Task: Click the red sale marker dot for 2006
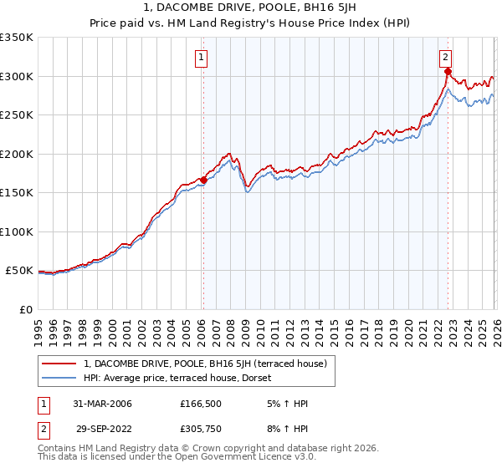pos(203,180)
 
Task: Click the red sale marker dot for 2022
pos(448,72)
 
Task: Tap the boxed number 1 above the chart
pos(202,58)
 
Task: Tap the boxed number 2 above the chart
pos(446,58)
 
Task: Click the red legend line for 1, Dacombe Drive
pos(60,364)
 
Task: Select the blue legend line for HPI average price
pos(60,379)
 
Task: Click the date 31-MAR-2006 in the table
pos(102,404)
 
